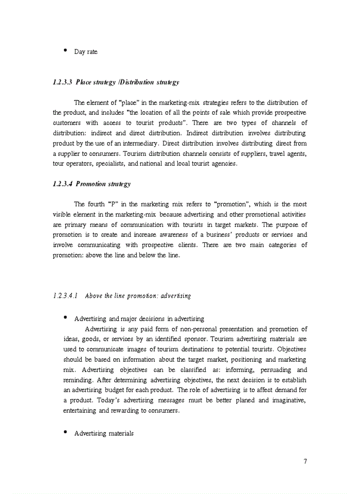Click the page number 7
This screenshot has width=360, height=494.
click(305, 461)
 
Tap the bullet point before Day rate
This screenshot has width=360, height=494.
click(65, 50)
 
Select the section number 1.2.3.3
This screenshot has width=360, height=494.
click(63, 82)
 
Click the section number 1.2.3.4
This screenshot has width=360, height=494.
click(63, 184)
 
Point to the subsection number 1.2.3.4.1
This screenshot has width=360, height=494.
click(65, 296)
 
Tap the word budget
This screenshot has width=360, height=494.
click(109, 390)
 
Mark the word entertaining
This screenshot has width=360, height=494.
click(80, 410)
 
